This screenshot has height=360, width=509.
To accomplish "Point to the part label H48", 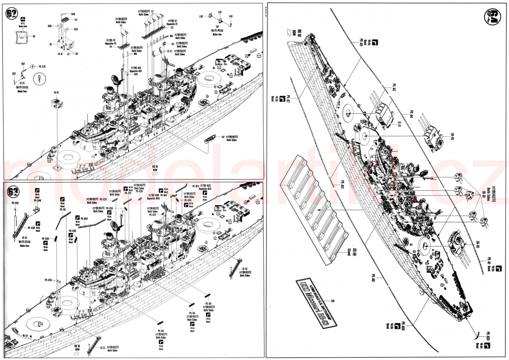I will pos(73,14).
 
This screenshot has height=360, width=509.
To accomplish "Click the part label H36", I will pos(50,26).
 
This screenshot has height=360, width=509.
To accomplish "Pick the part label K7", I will pos(68,54).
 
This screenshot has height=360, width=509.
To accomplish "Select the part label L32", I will pos(220,12).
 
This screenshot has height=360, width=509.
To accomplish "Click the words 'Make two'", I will pos(217,35).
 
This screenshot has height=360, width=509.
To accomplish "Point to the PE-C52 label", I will pos(15,203).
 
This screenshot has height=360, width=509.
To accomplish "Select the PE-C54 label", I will pos(47,280).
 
